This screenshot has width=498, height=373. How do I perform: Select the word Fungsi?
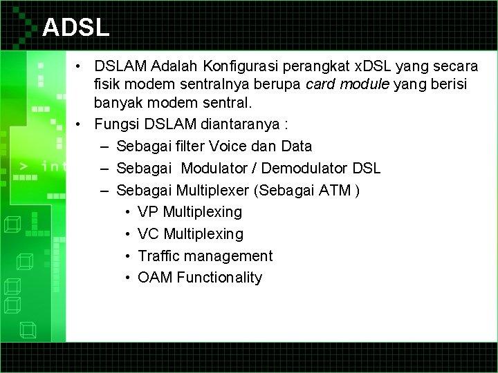tap(118, 126)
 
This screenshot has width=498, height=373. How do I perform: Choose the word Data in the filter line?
tap(297, 146)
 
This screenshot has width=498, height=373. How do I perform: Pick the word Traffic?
tap(158, 256)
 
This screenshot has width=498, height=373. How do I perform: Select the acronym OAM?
tap(155, 278)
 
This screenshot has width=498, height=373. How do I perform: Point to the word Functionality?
tap(219, 278)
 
